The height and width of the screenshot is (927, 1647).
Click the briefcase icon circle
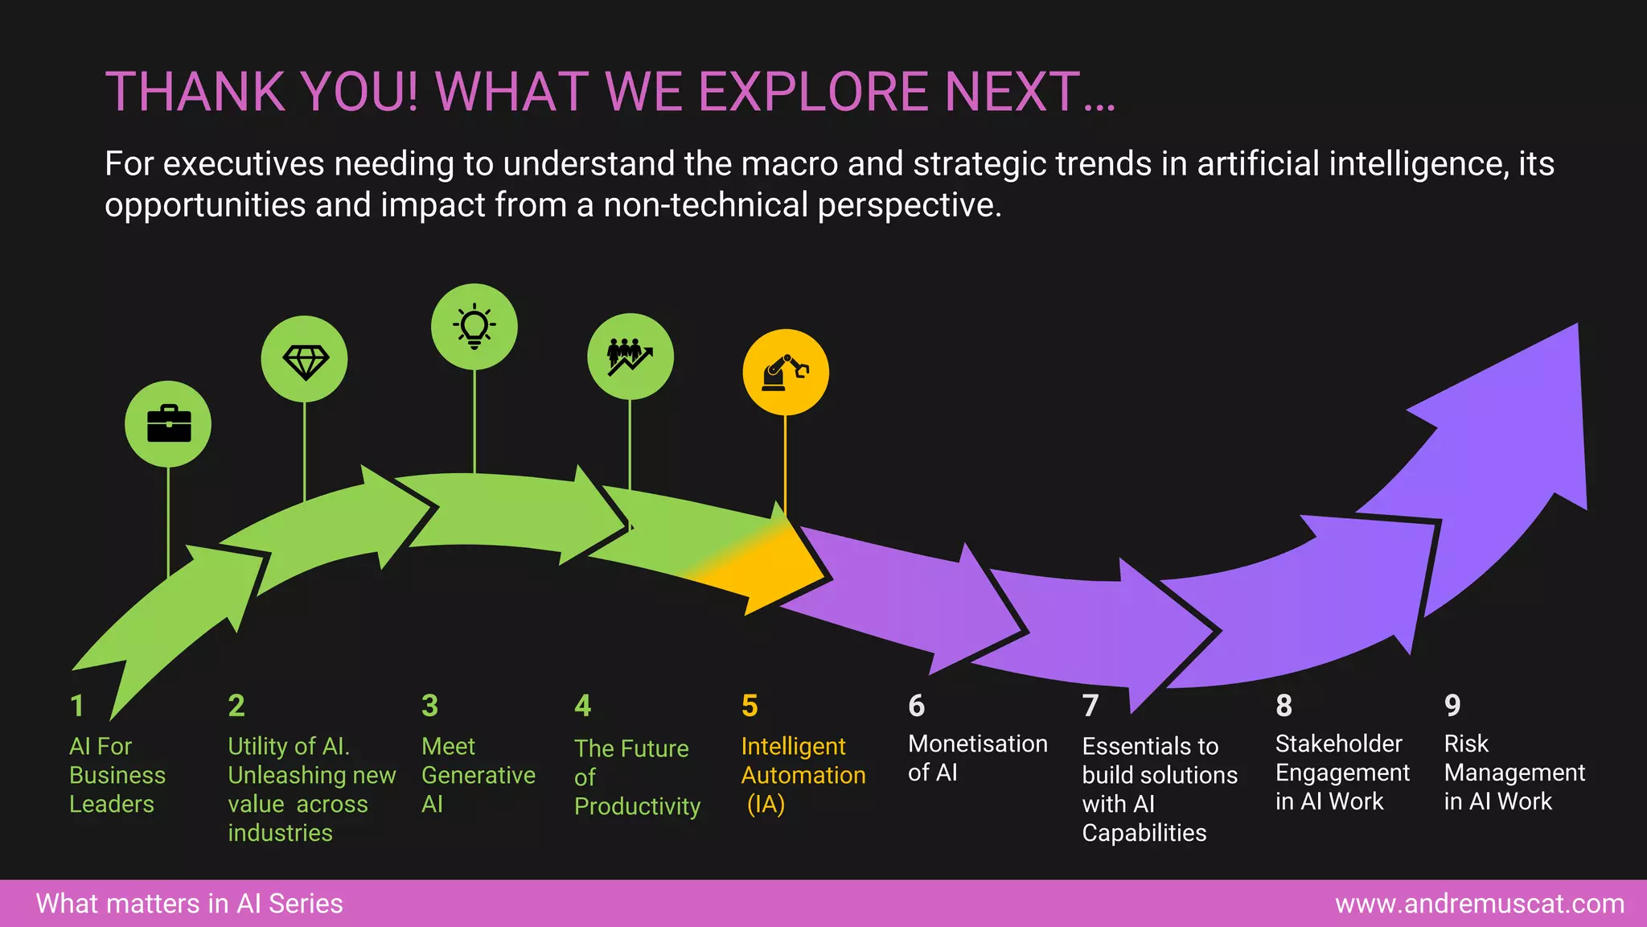click(x=168, y=424)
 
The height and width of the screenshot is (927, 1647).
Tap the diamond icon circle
click(x=305, y=359)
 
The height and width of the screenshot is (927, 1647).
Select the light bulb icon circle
click(x=474, y=327)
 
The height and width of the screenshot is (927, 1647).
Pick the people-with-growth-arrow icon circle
click(x=630, y=356)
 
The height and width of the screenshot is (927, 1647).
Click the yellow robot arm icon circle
click(x=786, y=373)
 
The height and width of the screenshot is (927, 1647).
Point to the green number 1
click(x=77, y=706)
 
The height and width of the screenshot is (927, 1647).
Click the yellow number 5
click(x=750, y=706)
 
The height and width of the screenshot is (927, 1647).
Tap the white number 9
click(x=1452, y=706)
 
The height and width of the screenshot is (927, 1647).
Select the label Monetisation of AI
click(x=977, y=757)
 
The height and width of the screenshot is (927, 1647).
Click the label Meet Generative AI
click(x=478, y=774)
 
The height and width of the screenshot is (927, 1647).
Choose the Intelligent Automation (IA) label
click(x=803, y=774)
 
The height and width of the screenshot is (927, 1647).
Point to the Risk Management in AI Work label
click(x=1514, y=772)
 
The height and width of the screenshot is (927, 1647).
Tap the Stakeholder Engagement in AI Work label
click(x=1341, y=772)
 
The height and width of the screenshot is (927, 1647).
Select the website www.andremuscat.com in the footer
click(x=1479, y=904)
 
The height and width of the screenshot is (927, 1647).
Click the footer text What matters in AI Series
click(x=190, y=904)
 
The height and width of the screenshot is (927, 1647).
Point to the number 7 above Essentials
click(x=1090, y=706)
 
